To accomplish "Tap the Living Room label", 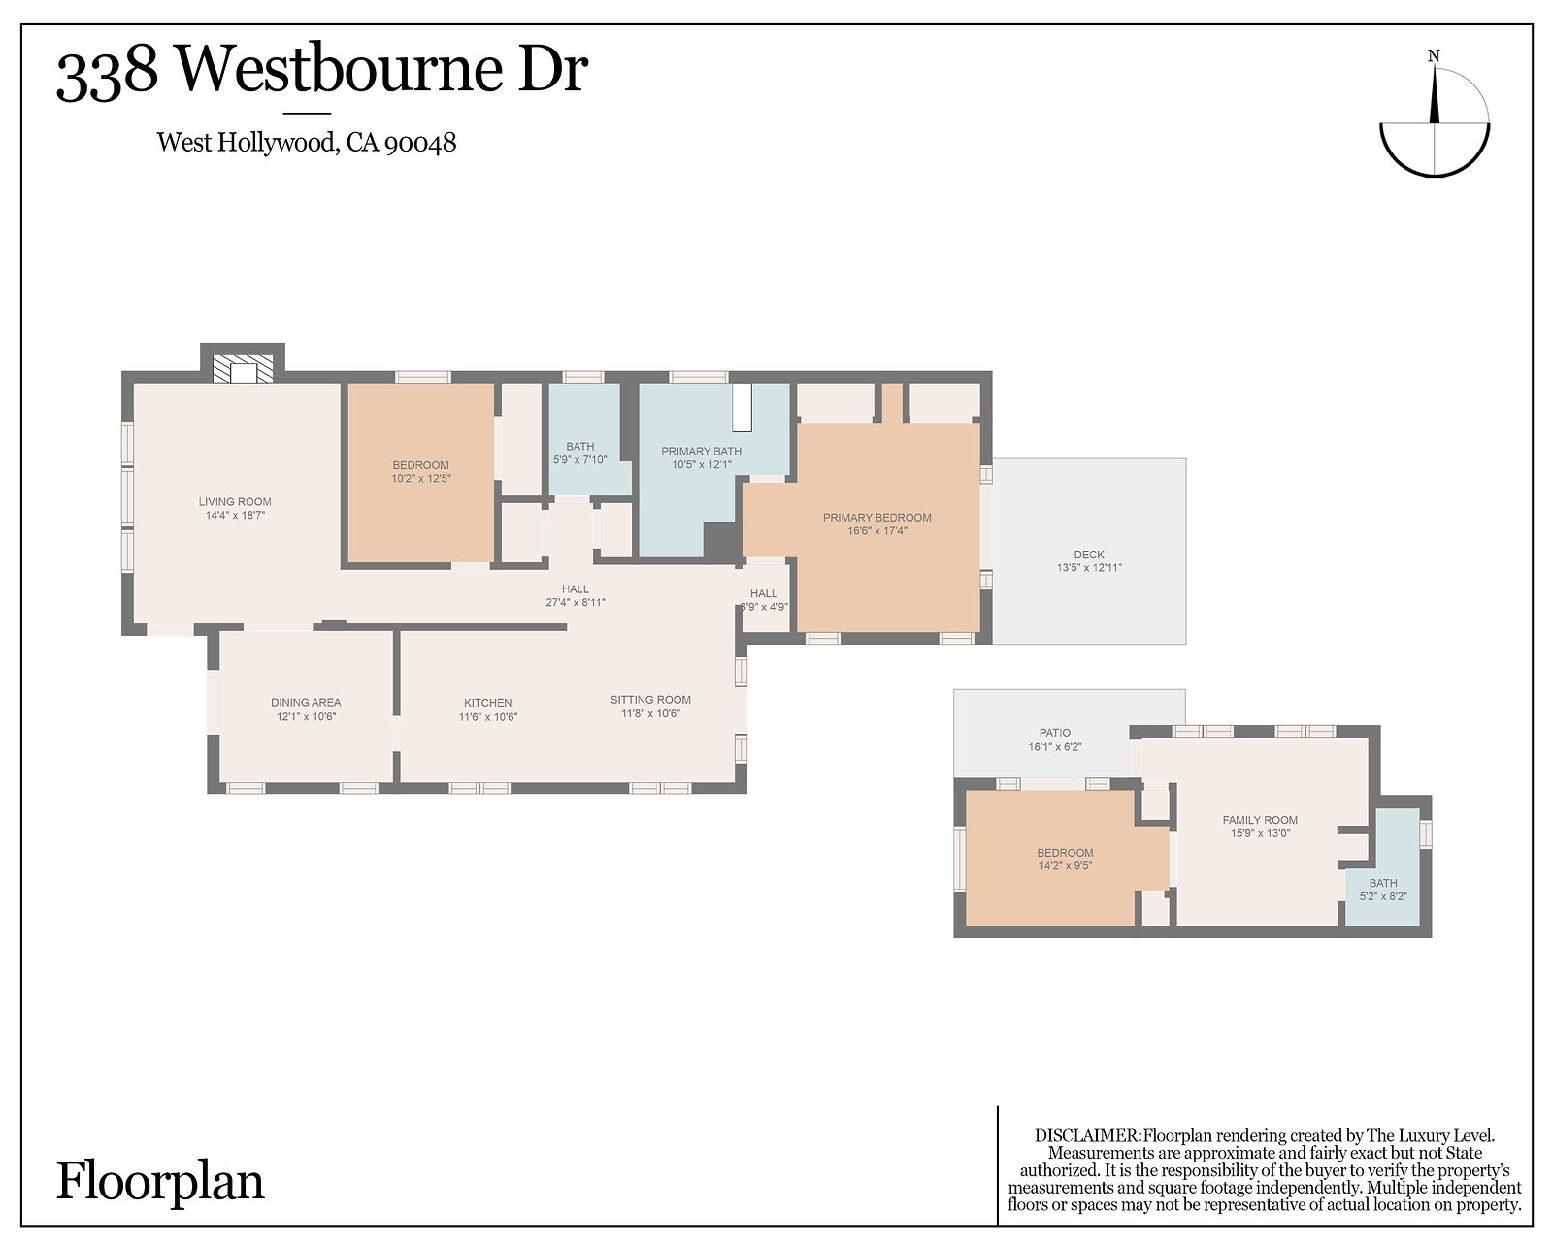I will (x=235, y=501).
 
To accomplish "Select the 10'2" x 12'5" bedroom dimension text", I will (x=421, y=479).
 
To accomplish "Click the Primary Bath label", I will (x=701, y=451).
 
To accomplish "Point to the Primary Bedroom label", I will (x=876, y=518).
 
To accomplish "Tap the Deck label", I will (x=1089, y=555).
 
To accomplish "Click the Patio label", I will (x=1055, y=733).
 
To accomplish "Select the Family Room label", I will (x=1260, y=820).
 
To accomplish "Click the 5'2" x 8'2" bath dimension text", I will (x=1383, y=897).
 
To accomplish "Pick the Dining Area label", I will (x=306, y=702).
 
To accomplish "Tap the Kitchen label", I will (x=487, y=703).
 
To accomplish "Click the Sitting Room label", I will (x=650, y=699).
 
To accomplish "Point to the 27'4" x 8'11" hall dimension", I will (x=576, y=603).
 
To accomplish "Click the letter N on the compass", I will (x=1434, y=56).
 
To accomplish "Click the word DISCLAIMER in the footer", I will (x=1087, y=1135).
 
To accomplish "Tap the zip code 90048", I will (x=420, y=144).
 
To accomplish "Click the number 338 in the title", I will (x=107, y=74).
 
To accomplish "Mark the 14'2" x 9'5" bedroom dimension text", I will (x=1065, y=866).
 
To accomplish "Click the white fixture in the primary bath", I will (x=743, y=407).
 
